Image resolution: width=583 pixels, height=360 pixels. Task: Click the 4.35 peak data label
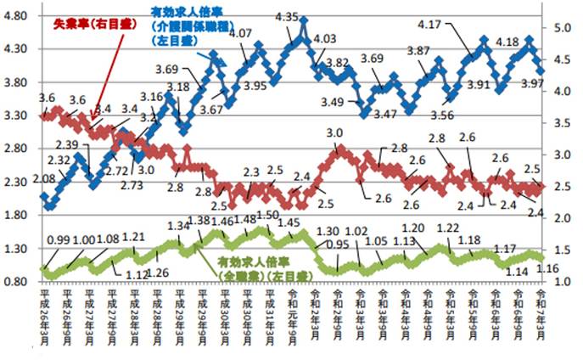(x=287, y=16)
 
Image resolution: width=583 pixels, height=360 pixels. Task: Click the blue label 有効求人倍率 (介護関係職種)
(x=184, y=25)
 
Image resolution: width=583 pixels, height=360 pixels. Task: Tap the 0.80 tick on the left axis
(x=20, y=281)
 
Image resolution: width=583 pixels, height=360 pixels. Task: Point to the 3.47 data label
(x=384, y=114)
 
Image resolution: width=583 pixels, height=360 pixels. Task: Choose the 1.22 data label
(x=447, y=228)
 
